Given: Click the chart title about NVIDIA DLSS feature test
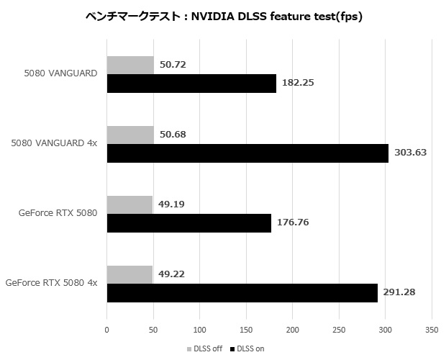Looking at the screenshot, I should click(x=223, y=17).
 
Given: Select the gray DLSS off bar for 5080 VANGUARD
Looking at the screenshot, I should click(x=130, y=66).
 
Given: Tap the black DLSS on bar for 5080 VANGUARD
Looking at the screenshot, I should click(x=191, y=84).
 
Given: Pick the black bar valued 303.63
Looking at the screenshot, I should click(x=247, y=153).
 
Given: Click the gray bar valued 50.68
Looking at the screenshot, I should click(x=130, y=135).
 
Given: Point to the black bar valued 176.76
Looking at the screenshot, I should click(x=188, y=223).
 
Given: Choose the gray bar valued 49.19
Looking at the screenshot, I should click(x=129, y=205).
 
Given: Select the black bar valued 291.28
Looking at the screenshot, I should click(x=242, y=293).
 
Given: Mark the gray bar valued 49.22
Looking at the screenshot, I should click(x=129, y=275).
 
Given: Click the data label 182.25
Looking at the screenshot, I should click(x=299, y=84).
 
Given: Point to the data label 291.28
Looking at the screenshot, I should click(x=401, y=293).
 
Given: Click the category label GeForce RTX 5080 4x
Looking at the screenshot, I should click(x=51, y=284).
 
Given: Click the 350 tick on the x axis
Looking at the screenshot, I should click(x=432, y=329).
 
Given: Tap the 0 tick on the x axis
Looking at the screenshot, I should click(x=107, y=329).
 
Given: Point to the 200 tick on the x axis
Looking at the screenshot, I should click(x=293, y=329).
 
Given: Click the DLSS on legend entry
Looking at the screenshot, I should click(x=248, y=348).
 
